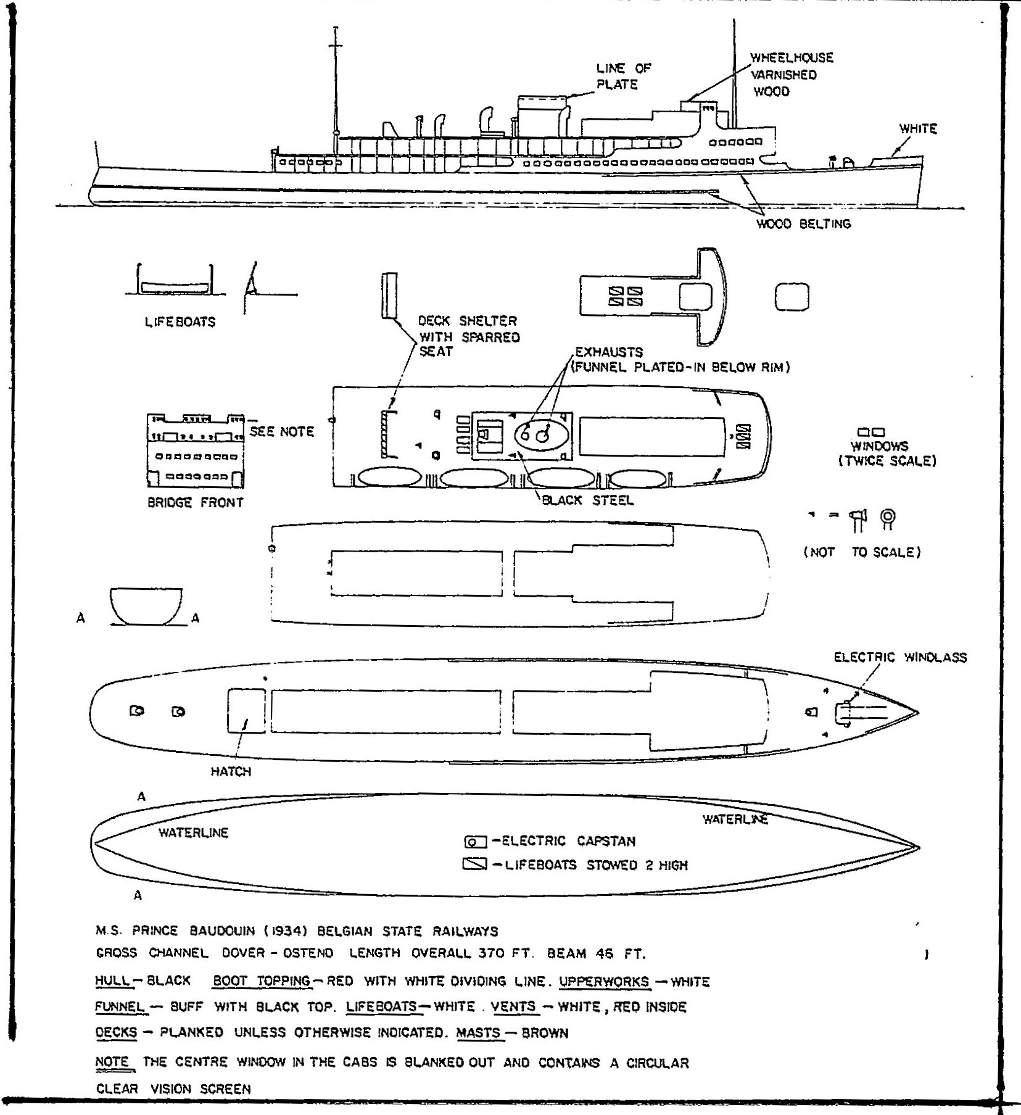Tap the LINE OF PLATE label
[622, 77]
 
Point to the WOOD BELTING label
[803, 224]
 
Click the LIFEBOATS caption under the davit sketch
[180, 322]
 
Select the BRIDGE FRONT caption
[195, 502]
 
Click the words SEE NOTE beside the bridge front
[282, 432]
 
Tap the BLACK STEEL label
[587, 500]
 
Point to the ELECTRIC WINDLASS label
[900, 658]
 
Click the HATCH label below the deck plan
[231, 771]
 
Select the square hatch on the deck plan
[246, 711]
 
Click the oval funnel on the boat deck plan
[541, 434]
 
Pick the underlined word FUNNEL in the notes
[120, 1007]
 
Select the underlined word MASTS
[479, 1033]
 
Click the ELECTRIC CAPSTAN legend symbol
[475, 842]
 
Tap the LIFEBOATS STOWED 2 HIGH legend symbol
[474, 864]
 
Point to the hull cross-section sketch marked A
[146, 606]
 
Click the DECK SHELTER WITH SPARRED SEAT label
[469, 336]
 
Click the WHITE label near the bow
[918, 129]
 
